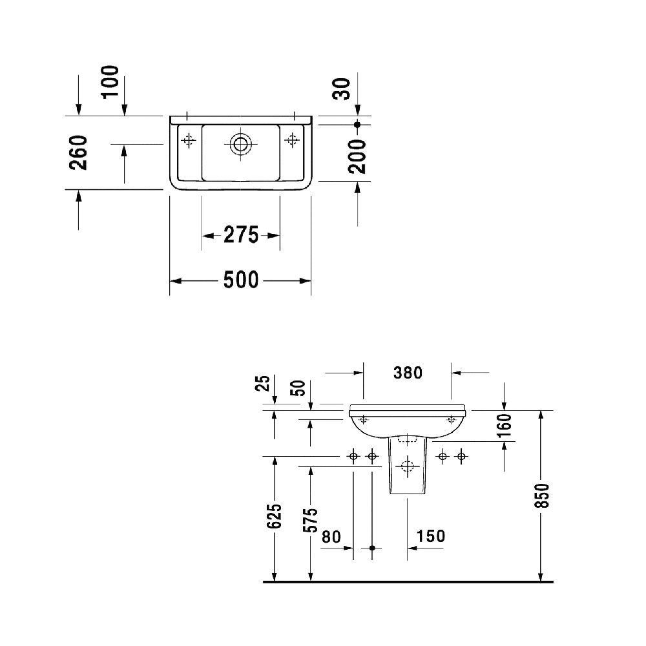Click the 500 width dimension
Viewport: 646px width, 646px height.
click(240, 280)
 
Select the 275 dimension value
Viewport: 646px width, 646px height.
click(241, 235)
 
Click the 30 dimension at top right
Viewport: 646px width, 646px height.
click(342, 88)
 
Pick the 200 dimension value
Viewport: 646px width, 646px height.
click(357, 156)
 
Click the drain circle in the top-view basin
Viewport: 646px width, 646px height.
click(241, 143)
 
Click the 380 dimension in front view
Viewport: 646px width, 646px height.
click(408, 372)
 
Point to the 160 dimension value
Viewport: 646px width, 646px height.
click(505, 426)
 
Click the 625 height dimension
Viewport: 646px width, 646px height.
click(275, 517)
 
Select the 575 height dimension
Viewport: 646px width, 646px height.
click(311, 521)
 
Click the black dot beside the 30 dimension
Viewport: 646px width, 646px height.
click(357, 123)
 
